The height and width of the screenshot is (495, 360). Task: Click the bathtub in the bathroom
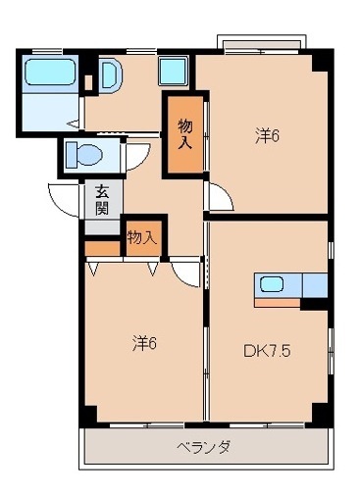click(50, 74)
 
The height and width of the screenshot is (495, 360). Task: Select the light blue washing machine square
click(174, 71)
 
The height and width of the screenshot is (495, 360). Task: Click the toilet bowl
click(85, 154)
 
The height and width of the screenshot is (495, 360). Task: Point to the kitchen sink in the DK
click(273, 284)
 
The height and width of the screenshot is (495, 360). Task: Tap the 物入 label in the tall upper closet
click(185, 132)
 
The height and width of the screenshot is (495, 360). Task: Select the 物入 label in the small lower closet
click(141, 237)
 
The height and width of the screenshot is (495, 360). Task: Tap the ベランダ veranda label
click(203, 447)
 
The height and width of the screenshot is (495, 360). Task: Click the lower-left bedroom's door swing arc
click(185, 272)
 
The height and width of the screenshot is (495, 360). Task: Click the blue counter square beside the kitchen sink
click(315, 284)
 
